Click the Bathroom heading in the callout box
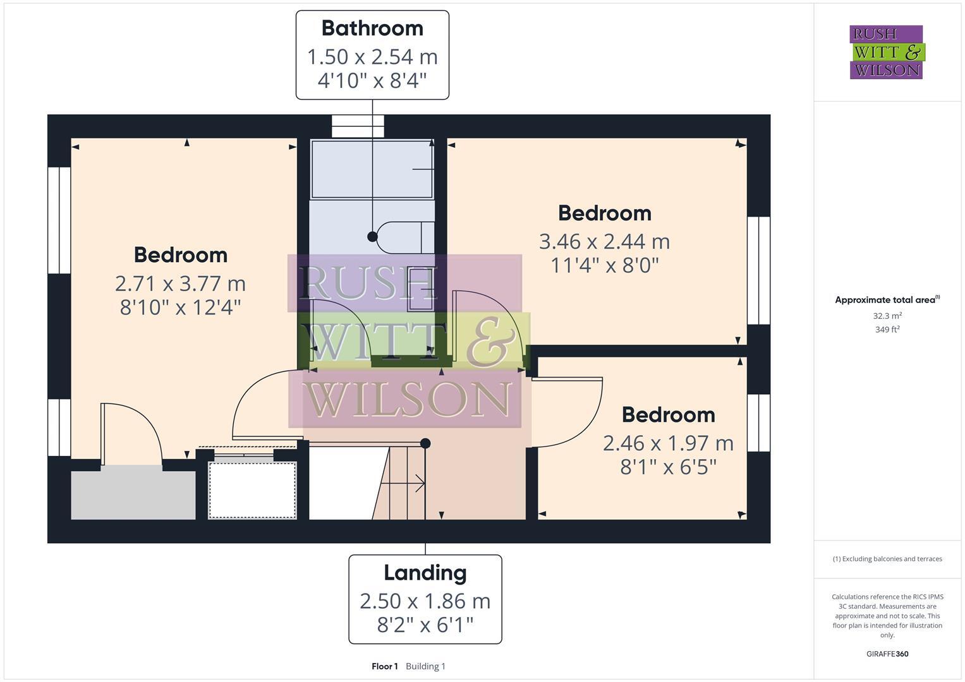coord(372,28)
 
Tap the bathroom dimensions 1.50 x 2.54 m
coord(372,57)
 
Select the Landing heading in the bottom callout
coord(425,573)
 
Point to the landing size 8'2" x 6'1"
coord(425,625)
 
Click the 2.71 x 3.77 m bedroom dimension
coord(180,284)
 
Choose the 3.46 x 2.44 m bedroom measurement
coord(604,241)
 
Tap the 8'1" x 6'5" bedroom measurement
coord(668,467)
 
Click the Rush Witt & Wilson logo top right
coord(886,52)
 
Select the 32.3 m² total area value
coord(887,316)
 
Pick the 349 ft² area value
coord(887,330)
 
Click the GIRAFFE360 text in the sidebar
coord(887,654)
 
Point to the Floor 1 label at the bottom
coord(384,666)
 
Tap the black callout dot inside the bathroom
coord(372,237)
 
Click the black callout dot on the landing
coord(425,443)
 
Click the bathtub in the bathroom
coord(372,169)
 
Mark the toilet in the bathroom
coord(405,237)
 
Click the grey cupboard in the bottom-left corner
coord(133,493)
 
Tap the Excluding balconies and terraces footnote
coord(887,559)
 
